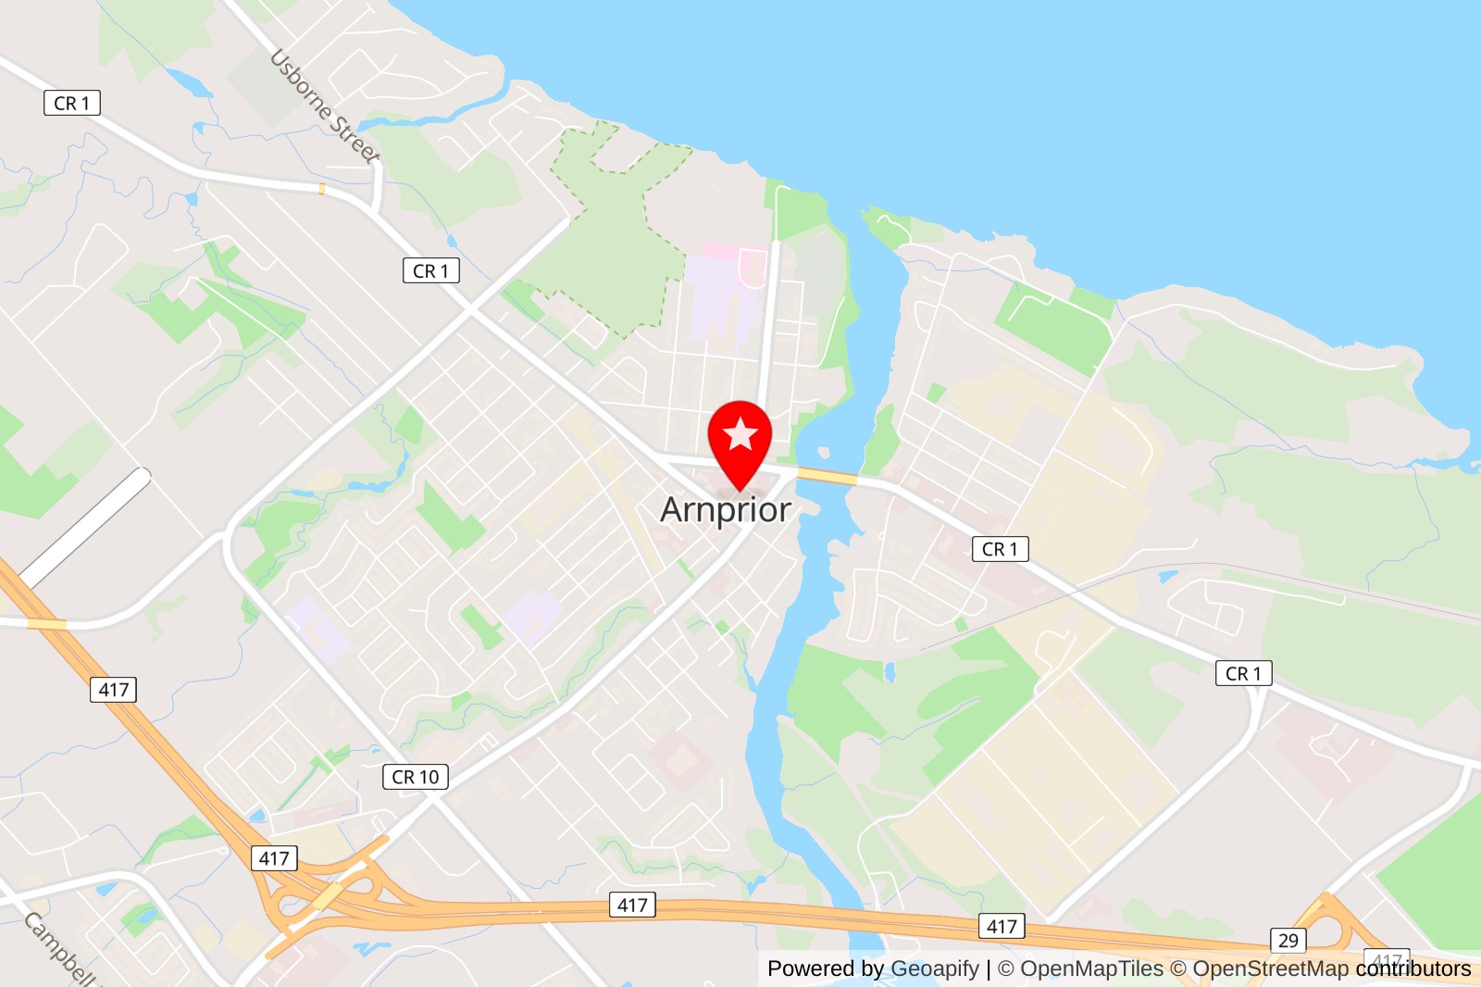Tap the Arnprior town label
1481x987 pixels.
[726, 509]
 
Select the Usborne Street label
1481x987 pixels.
[325, 106]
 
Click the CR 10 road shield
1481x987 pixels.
[416, 777]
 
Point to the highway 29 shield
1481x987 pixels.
[1288, 941]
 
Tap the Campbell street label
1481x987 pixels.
[59, 949]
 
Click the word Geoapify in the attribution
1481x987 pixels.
[934, 968]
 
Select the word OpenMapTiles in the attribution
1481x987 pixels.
[1091, 968]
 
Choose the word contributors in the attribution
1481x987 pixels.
[1413, 968]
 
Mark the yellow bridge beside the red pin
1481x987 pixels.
[827, 476]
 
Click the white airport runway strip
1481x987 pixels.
[85, 527]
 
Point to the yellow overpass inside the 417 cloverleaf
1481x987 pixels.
[327, 896]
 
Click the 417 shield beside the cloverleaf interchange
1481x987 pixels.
[274, 858]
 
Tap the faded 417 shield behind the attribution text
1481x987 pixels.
[1387, 959]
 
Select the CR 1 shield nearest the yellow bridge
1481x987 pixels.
[1000, 549]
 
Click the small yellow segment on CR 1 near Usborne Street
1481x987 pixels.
[321, 189]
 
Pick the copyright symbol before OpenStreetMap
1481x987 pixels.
[1178, 968]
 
